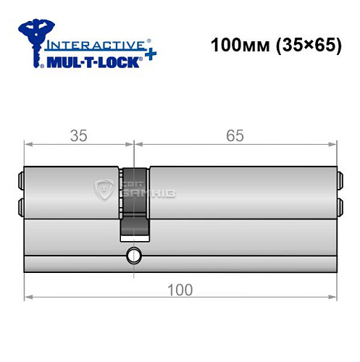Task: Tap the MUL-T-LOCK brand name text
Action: [x=91, y=62]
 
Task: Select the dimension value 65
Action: [x=234, y=135]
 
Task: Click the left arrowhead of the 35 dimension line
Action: [x=28, y=145]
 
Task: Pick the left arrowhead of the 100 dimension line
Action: [x=28, y=297]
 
